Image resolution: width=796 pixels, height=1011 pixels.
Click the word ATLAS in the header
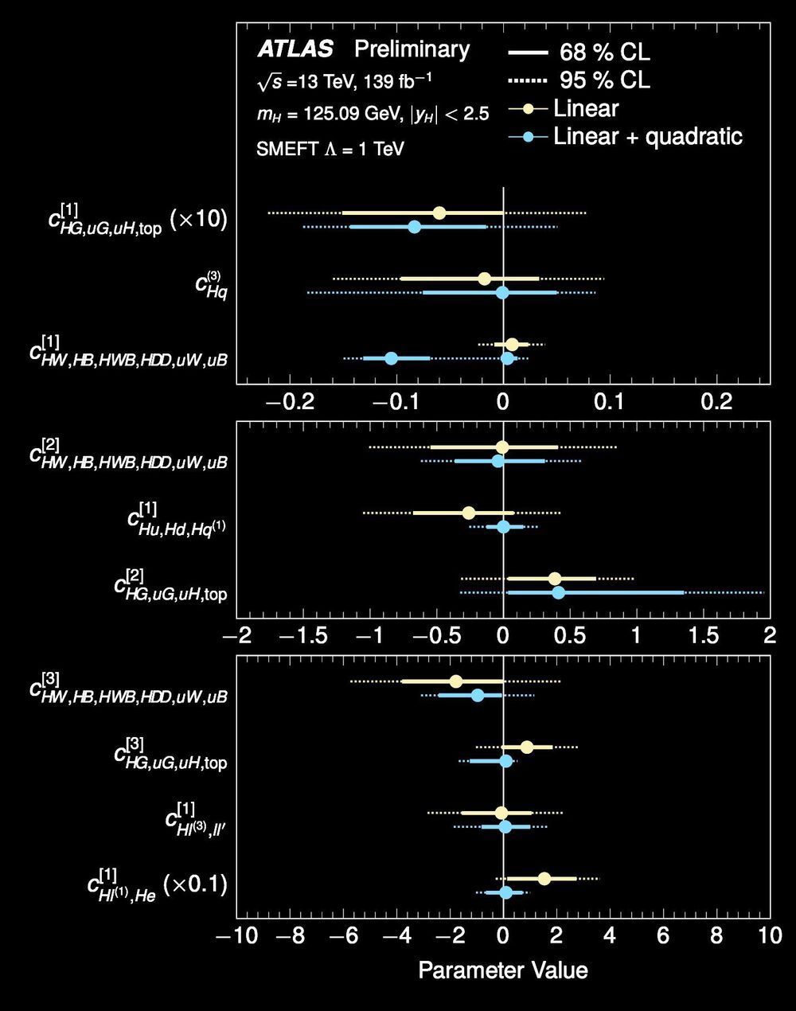click(x=295, y=49)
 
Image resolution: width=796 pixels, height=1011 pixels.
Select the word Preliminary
click(x=412, y=49)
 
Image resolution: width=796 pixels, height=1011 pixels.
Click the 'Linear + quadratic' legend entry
click(x=648, y=136)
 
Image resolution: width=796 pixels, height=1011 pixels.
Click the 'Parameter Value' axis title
click(x=503, y=970)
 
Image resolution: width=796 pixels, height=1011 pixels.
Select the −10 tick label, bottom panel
click(x=236, y=936)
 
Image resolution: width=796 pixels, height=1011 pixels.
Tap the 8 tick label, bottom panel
click(x=716, y=936)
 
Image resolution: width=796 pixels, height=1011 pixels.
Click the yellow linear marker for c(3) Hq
click(x=484, y=279)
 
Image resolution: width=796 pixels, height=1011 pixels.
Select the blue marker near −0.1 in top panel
click(x=391, y=358)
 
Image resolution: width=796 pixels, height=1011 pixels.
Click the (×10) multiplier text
click(x=200, y=219)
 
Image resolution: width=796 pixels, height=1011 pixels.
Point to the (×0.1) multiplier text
click(x=195, y=884)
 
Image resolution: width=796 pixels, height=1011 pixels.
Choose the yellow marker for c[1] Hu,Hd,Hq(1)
click(x=469, y=513)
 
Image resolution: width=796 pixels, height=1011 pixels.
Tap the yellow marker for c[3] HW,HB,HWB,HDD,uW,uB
click(x=455, y=681)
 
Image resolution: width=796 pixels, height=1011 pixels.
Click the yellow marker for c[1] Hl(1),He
click(x=544, y=879)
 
